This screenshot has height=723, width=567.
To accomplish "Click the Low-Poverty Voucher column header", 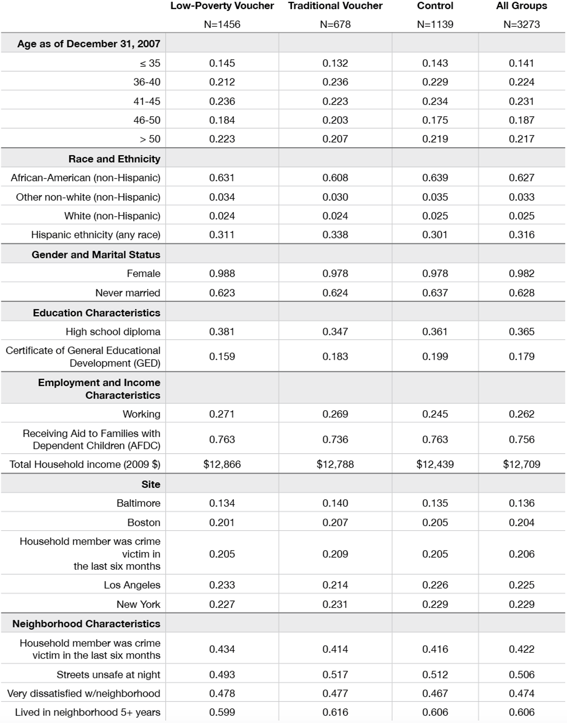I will (222, 6).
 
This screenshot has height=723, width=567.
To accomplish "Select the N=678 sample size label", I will (335, 25).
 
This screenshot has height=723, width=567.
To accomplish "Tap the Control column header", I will (435, 6).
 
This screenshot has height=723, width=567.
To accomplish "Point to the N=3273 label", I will (521, 25).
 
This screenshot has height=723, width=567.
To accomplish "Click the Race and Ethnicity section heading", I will (114, 159).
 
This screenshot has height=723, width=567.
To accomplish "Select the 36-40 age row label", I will (147, 82).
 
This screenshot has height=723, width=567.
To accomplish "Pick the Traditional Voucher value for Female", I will (335, 273).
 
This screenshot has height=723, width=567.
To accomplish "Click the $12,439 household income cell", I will (435, 464).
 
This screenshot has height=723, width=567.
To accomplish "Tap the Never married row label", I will (128, 293).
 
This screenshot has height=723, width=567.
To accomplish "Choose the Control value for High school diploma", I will (435, 332).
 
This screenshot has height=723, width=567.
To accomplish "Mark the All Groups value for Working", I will (521, 414).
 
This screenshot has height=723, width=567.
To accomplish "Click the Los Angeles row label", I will (132, 585).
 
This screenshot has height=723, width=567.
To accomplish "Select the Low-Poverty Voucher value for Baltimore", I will (222, 503).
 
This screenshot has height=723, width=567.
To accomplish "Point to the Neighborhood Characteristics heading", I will (86, 624).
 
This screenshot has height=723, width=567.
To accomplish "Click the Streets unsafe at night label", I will (108, 675).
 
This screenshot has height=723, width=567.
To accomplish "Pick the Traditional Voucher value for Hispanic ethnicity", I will (335, 235).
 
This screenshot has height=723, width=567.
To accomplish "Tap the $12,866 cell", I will (222, 464).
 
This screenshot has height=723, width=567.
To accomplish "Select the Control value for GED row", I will (435, 357).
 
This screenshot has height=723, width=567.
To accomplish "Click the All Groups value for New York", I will (521, 604).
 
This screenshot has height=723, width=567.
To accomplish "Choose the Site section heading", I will (151, 484).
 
